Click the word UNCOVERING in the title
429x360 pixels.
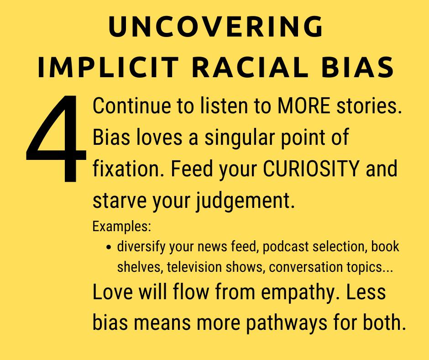pos(216,26)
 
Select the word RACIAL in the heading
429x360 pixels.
pos(250,68)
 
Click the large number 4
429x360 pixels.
pos(56,138)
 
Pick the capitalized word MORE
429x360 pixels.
pos(303,106)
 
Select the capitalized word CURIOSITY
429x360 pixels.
pos(311,169)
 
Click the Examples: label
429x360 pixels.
pos(122,227)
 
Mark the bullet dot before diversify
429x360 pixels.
pos(109,247)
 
